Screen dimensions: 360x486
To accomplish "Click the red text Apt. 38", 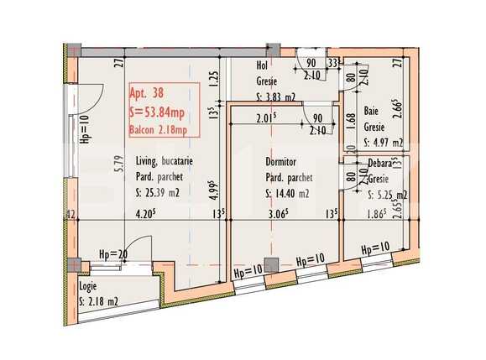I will pyautogui.click(x=146, y=95).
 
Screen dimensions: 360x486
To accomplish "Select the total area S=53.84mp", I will pyautogui.click(x=159, y=112).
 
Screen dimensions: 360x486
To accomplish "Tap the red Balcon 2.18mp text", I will pyautogui.click(x=163, y=129).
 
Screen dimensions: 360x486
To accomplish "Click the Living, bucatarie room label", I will pyautogui.click(x=166, y=163).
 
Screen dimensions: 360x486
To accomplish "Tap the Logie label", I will pyautogui.click(x=90, y=286).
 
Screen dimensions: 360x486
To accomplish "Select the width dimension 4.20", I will pyautogui.click(x=148, y=213).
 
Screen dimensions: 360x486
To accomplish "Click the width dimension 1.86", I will pyautogui.click(x=374, y=213).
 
